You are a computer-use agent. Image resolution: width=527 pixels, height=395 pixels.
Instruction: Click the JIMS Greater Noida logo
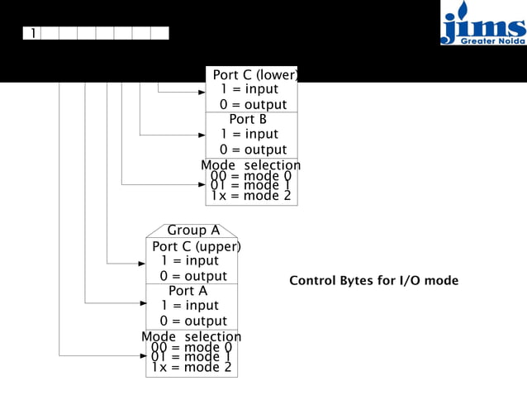[x=483, y=23]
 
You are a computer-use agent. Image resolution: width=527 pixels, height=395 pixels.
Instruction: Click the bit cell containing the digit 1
[x=32, y=33]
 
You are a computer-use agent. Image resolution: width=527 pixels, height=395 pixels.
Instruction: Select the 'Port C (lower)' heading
[x=255, y=75]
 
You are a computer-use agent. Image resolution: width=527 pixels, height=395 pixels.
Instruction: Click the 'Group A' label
[x=192, y=231]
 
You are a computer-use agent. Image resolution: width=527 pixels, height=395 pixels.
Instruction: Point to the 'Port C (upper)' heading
[x=196, y=246]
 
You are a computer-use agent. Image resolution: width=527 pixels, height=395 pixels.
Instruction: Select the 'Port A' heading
[x=188, y=291]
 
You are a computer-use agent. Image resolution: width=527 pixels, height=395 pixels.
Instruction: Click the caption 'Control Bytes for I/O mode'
[x=373, y=281]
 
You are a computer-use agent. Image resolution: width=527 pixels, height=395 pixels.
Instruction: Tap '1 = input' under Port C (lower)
[x=249, y=89]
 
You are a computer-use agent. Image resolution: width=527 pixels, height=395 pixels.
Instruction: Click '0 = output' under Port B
[x=253, y=149]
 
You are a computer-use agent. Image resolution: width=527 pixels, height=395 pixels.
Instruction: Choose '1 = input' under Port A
[x=189, y=306]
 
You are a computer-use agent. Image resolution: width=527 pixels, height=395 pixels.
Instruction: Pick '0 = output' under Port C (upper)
[x=193, y=276]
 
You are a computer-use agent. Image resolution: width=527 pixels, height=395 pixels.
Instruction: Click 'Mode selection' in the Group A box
[x=192, y=336]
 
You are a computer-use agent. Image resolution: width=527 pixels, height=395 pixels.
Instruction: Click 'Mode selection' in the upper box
[x=251, y=165]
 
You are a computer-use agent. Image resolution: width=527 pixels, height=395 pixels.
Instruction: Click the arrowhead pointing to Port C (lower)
[x=201, y=91]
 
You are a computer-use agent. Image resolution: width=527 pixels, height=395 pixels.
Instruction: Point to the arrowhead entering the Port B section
[x=201, y=134]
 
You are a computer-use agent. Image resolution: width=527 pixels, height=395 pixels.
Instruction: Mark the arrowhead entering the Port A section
[x=141, y=303]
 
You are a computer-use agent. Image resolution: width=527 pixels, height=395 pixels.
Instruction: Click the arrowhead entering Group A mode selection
[x=141, y=355]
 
